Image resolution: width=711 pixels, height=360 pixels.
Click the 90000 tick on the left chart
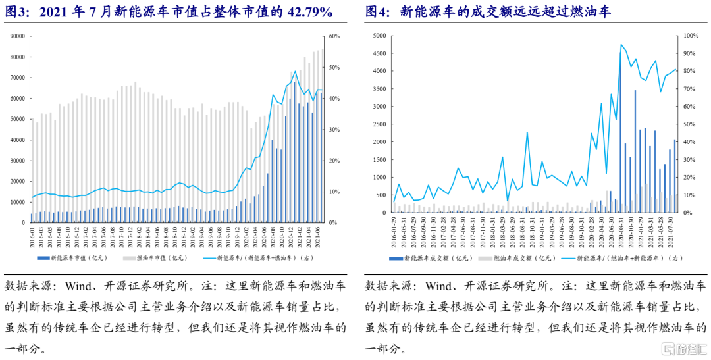tap(16, 36)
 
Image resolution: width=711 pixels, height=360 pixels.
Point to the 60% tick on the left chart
tap(333, 36)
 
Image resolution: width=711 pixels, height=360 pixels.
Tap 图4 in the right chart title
tap(377, 12)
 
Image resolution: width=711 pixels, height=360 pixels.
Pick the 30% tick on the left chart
tap(333, 130)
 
